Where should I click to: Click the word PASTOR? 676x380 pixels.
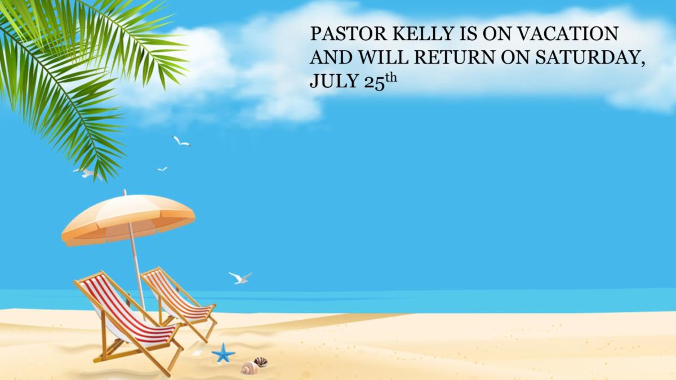[x=348, y=33]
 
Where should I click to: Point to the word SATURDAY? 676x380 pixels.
[x=590, y=57]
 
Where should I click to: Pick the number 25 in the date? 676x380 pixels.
[x=375, y=83]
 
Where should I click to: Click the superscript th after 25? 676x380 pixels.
[x=391, y=78]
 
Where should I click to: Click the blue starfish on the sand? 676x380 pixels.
[x=223, y=353]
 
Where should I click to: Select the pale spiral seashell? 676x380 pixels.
[x=250, y=368]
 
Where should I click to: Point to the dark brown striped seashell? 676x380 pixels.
[x=261, y=362]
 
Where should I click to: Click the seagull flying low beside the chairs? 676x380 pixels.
[x=240, y=278]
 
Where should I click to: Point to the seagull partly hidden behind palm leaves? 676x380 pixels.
[x=87, y=173]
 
